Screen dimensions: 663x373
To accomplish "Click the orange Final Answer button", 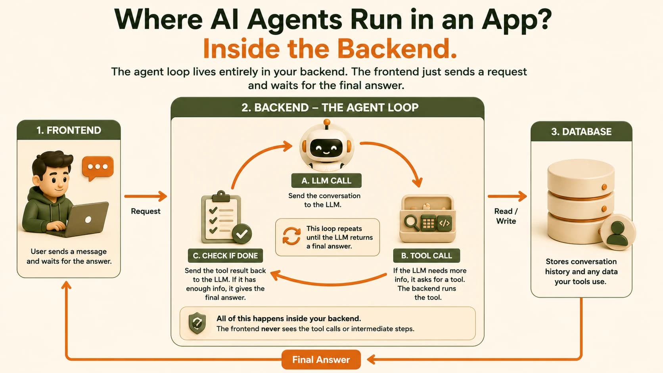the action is (x=321, y=360).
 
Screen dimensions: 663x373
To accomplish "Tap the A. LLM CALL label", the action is (x=326, y=180).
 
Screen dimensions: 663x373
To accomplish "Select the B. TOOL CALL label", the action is (x=427, y=256).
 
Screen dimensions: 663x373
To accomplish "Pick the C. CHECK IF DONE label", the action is (x=225, y=256).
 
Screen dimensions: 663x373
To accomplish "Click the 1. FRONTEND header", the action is (x=69, y=130).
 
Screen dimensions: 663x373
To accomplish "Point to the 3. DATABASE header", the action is (x=581, y=131).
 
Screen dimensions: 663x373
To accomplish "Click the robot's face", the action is (x=326, y=147).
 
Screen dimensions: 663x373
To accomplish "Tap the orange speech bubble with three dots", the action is (x=98, y=168).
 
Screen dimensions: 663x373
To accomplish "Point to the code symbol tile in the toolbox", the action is (x=444, y=223).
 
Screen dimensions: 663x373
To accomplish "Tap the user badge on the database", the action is (x=618, y=232).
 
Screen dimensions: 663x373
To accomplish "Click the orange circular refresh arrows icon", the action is (x=291, y=236).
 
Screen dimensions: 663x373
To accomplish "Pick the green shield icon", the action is (x=197, y=323).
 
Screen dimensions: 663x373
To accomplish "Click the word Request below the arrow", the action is (x=146, y=211).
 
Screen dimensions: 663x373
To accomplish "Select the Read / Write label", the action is (x=506, y=216).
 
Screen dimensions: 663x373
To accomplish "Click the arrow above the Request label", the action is (x=146, y=196).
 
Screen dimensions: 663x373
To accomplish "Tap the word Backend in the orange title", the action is (x=397, y=48).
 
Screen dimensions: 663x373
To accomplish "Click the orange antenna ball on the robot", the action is (x=327, y=122).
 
